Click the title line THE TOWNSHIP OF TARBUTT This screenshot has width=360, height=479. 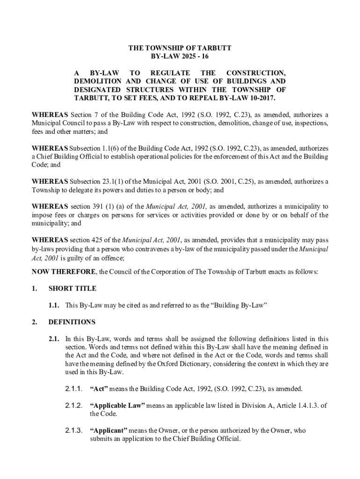click(x=180, y=48)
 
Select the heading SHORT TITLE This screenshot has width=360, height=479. click(x=72, y=289)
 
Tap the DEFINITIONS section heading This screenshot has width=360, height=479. click(x=72, y=322)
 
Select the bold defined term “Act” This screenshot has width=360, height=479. click(x=99, y=389)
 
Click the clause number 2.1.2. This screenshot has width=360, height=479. click(x=74, y=406)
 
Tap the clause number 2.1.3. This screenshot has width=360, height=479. click(x=74, y=431)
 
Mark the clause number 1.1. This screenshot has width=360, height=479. click(x=53, y=305)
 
